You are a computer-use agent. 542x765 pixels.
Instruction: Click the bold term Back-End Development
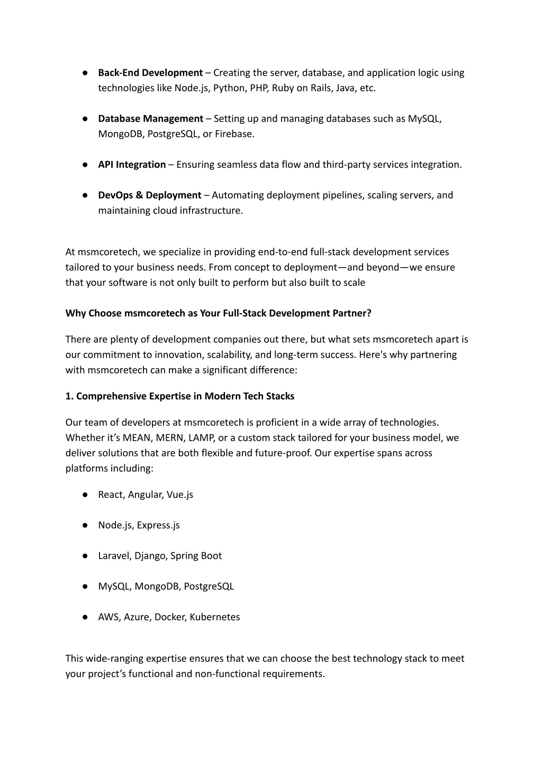150,72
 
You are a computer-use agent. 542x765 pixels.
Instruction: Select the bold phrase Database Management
150,119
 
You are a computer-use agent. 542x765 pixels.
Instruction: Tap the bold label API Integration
132,165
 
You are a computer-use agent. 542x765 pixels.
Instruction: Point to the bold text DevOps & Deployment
149,195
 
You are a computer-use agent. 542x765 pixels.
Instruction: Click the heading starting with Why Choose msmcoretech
218,313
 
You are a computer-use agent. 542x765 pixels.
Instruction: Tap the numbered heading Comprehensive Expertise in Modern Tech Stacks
180,396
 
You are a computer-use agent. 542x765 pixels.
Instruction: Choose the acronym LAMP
201,438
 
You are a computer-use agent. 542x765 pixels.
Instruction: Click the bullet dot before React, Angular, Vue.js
85,495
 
